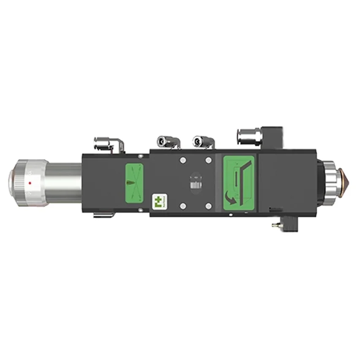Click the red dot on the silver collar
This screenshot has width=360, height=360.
click(30, 183)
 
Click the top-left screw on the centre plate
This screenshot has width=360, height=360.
click(182, 160)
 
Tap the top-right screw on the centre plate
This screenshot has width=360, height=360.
click(208, 160)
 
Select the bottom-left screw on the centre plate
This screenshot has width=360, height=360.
click(182, 206)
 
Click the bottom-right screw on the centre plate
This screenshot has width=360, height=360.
click(208, 206)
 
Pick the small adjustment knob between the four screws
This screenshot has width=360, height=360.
click(195, 185)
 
